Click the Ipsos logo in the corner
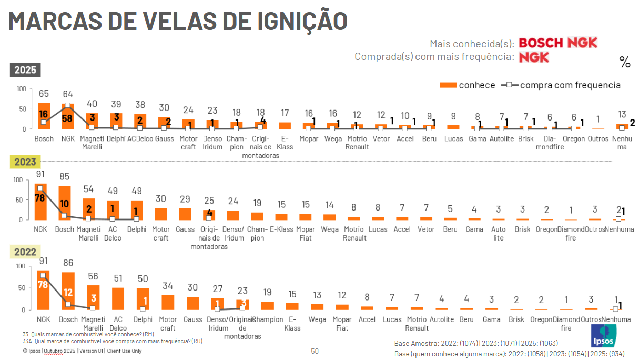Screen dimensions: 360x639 tap(603, 335)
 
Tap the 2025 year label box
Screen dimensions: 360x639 tap(25, 70)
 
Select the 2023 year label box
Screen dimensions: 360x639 tap(25, 162)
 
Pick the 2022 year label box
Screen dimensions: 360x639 tap(25, 252)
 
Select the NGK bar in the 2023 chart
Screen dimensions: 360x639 tap(41, 202)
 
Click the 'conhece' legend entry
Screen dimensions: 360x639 tap(468, 85)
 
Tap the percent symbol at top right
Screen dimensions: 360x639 tap(625, 63)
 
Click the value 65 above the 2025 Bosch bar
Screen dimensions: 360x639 tap(44, 94)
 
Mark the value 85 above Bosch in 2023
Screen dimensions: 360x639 tap(65, 176)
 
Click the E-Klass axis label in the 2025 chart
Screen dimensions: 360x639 tap(285, 143)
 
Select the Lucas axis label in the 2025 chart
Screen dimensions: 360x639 tap(453, 139)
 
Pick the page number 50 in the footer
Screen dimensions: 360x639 tap(315, 351)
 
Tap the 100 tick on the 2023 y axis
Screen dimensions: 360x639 tap(18, 180)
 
